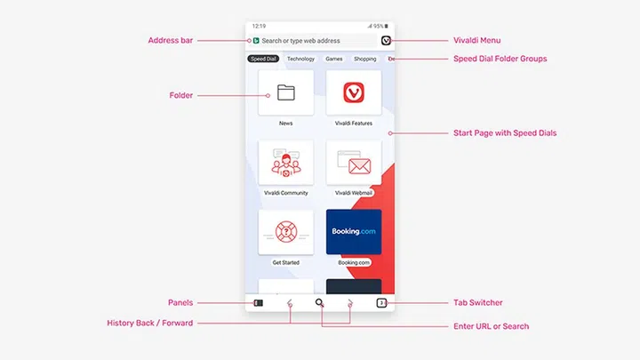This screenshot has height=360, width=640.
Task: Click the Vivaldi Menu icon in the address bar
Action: [x=386, y=40]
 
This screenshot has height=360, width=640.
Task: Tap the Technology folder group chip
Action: [x=300, y=59]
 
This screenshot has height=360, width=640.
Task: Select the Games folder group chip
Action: [x=334, y=59]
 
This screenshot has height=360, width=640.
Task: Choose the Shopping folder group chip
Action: [x=365, y=59]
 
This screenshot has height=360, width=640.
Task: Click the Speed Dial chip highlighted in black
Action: [x=263, y=59]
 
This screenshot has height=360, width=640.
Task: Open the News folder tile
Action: [x=285, y=92]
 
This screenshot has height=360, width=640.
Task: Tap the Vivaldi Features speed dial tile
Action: [x=354, y=92]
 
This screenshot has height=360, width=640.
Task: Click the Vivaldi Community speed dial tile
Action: [x=285, y=163]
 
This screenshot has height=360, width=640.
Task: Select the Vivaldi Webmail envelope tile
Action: [x=354, y=163]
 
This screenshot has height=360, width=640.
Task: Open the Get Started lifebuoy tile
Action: [x=285, y=232]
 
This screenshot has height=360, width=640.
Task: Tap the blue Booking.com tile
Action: [x=354, y=232]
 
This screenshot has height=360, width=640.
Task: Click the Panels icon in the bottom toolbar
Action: [x=259, y=303]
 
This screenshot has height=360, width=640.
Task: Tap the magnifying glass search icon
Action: [x=320, y=302]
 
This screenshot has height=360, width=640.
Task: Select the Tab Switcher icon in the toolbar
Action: [x=381, y=303]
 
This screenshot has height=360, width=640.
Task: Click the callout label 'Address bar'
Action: [x=170, y=40]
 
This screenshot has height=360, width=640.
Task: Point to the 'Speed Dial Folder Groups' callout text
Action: [x=500, y=59]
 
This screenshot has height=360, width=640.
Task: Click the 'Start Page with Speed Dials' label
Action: [x=505, y=133]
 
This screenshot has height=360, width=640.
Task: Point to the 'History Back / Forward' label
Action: [x=150, y=323]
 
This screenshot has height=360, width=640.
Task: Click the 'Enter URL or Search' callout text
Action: [x=491, y=326]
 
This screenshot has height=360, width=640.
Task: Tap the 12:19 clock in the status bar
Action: [x=259, y=26]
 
